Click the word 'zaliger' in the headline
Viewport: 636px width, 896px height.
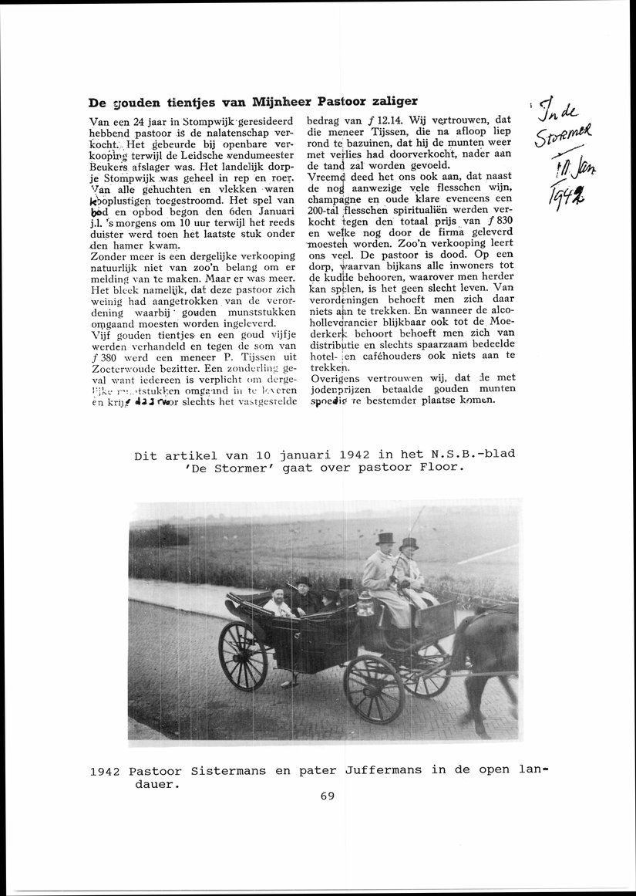tap(392, 101)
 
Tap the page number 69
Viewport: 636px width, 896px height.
tap(327, 796)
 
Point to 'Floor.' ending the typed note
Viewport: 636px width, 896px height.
tap(443, 468)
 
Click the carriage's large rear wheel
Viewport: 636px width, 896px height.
tap(243, 655)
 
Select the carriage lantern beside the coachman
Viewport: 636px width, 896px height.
tap(365, 604)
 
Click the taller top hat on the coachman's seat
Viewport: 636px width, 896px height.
tap(385, 539)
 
